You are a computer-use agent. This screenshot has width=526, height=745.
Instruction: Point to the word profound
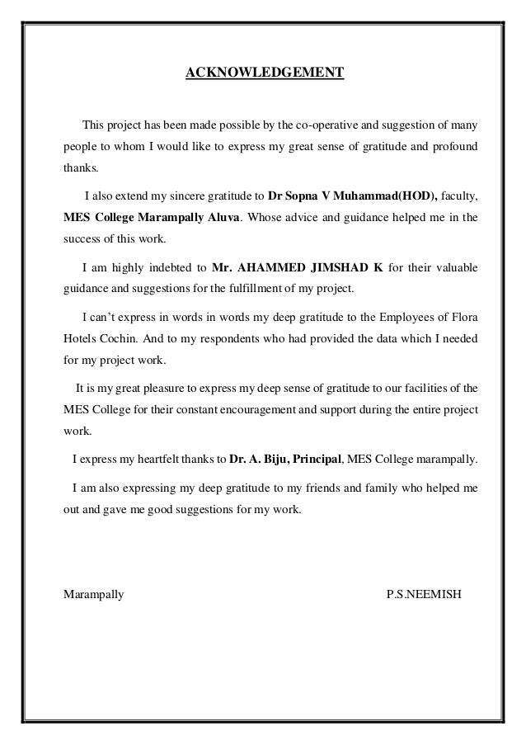[456, 148]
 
